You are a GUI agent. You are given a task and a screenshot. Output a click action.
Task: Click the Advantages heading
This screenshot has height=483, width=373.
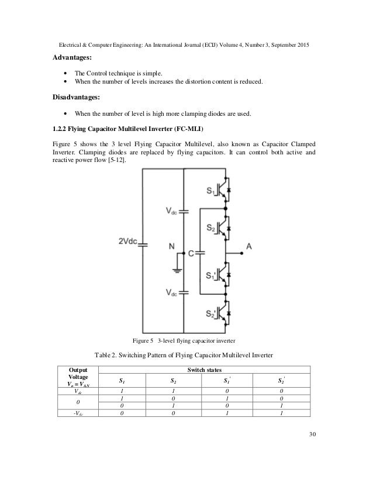pos(71,58)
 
